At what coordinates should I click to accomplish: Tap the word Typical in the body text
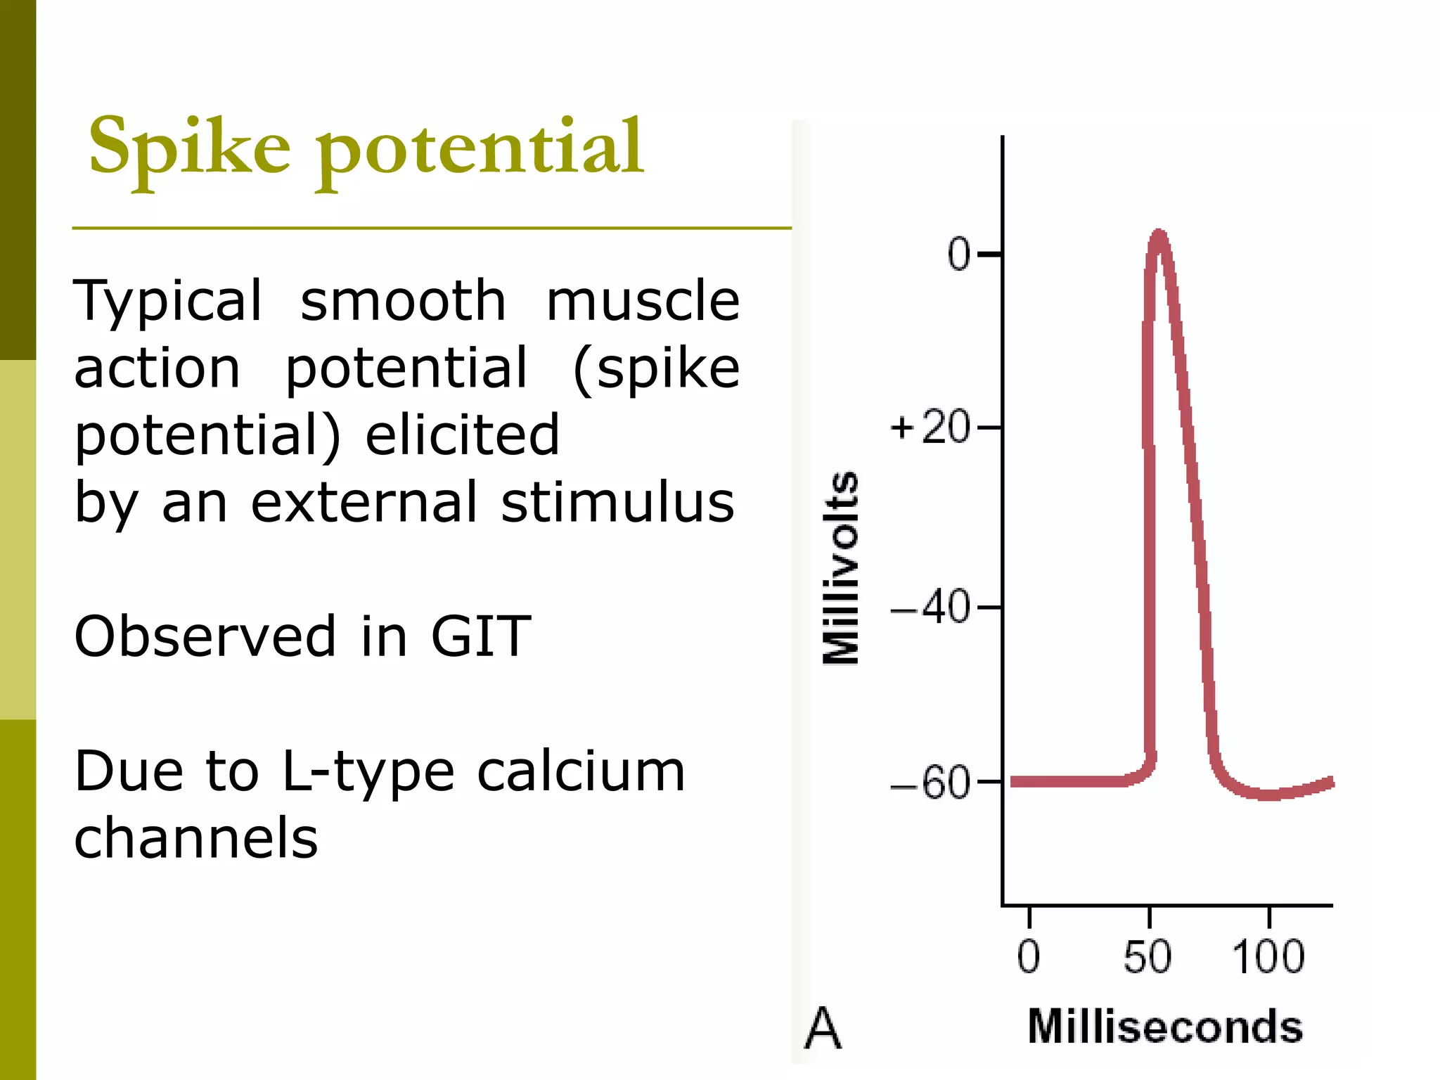168,301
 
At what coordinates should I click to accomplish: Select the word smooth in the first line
403,301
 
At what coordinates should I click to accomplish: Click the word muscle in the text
643,301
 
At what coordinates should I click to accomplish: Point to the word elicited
462,435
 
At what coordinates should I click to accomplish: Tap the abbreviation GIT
480,636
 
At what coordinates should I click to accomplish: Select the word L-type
368,772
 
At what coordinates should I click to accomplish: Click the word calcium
581,771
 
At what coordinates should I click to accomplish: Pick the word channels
196,838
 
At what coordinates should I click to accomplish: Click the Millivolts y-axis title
841,567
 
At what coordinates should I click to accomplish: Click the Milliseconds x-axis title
1165,1027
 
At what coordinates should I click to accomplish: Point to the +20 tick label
930,427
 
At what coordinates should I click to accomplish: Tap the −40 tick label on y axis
930,607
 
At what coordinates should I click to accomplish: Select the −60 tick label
930,783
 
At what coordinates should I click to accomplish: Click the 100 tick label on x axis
1268,958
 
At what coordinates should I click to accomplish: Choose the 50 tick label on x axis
1147,958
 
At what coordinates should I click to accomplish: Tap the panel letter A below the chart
822,1028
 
